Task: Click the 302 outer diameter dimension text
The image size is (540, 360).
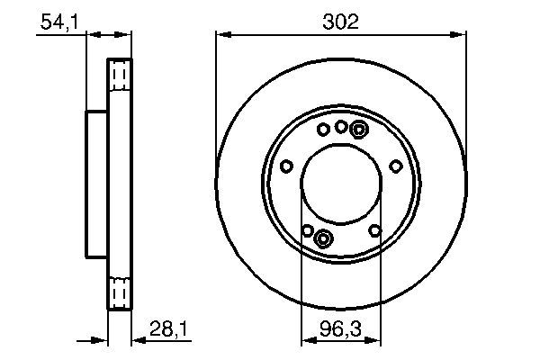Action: tap(341, 21)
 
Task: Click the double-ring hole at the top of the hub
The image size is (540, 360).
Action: tap(358, 130)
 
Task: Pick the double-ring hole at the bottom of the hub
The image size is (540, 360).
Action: tap(324, 238)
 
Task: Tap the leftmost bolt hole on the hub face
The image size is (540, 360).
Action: tap(286, 166)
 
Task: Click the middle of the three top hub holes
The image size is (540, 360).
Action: tap(341, 127)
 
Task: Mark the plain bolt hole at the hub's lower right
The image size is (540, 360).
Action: tap(375, 230)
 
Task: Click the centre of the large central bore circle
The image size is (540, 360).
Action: tap(341, 184)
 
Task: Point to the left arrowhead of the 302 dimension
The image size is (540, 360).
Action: tap(220, 34)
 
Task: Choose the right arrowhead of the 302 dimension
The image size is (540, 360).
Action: tap(462, 34)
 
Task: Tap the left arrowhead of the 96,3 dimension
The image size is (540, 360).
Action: tap(306, 341)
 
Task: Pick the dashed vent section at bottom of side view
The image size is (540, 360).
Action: tap(120, 293)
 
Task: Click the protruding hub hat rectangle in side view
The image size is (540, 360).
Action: tap(96, 184)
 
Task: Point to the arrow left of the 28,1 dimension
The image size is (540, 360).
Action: tap(101, 341)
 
